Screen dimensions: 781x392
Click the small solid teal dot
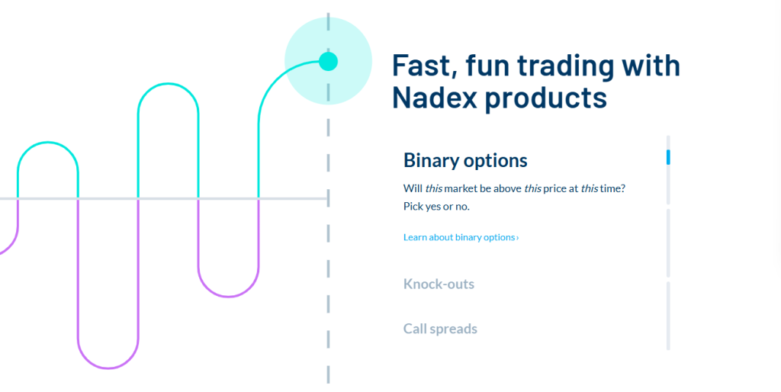(x=328, y=61)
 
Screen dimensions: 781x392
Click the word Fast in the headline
(x=425, y=66)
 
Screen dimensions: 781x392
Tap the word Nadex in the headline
(x=434, y=97)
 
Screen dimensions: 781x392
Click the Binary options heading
(x=465, y=160)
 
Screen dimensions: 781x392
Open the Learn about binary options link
(x=461, y=237)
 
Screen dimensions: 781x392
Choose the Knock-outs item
(x=439, y=284)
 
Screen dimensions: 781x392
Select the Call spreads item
(x=440, y=329)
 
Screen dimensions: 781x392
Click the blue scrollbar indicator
(x=668, y=157)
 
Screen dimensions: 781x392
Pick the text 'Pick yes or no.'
(x=436, y=206)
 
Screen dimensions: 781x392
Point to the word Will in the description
(x=412, y=189)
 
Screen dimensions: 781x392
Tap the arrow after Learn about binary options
(x=518, y=238)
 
